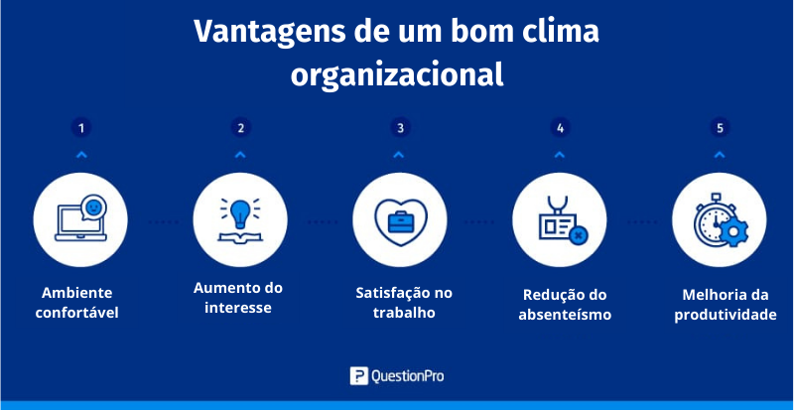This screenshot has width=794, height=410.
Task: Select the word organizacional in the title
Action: click(397, 75)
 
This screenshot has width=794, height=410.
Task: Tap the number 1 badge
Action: click(81, 128)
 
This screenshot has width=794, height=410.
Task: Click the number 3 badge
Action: click(400, 128)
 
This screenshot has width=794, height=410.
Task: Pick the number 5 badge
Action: click(720, 128)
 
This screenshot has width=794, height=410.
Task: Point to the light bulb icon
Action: click(240, 211)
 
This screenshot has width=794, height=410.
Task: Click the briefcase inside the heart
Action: click(401, 222)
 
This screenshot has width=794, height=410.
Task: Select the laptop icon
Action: click(79, 223)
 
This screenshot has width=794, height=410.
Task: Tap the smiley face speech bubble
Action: click(94, 207)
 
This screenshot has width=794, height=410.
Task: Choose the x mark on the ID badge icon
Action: click(578, 235)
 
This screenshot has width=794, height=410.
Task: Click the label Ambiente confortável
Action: click(77, 303)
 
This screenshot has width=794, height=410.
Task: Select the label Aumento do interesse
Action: click(238, 298)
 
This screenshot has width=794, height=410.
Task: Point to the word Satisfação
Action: click(388, 293)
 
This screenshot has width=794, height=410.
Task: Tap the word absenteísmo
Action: click(565, 315)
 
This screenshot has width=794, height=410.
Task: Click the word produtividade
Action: click(726, 315)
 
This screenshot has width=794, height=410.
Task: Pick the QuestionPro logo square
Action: click(358, 375)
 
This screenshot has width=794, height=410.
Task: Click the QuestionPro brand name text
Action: click(407, 376)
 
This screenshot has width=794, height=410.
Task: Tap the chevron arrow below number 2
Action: click(240, 155)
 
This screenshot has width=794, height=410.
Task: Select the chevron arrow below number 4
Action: click(559, 155)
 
